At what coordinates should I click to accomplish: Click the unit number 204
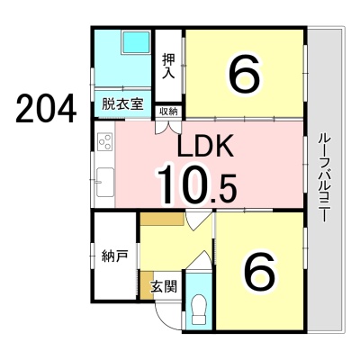click(x=46, y=108)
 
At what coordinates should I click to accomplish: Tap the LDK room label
click(x=205, y=146)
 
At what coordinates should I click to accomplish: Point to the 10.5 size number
click(x=196, y=184)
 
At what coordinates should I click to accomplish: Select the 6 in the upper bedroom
click(x=244, y=74)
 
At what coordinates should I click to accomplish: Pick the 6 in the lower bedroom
click(x=259, y=270)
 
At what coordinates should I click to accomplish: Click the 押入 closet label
click(x=168, y=66)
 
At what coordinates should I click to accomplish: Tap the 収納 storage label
click(x=168, y=112)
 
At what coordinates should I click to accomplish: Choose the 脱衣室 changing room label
click(x=122, y=104)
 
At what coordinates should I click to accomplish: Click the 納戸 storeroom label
click(x=114, y=256)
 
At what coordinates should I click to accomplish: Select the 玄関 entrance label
click(x=164, y=287)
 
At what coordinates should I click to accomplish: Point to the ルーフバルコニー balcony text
click(x=325, y=178)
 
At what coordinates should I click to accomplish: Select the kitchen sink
click(x=105, y=183)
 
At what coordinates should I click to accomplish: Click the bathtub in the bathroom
click(x=136, y=42)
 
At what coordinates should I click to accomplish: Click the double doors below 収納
click(x=168, y=127)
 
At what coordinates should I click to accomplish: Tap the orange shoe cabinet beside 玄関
click(x=147, y=285)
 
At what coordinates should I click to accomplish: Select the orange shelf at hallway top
click(x=162, y=220)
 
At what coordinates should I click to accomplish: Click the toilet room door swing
click(x=199, y=260)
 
